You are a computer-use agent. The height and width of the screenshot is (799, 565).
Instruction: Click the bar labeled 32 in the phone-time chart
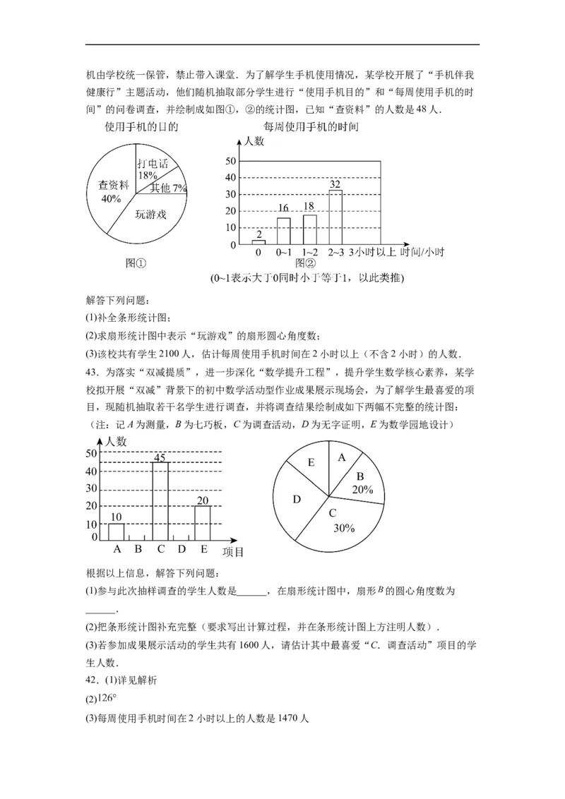[335, 217]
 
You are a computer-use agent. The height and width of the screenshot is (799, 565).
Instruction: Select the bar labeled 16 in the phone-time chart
[283, 231]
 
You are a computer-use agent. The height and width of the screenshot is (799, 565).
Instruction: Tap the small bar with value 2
[258, 242]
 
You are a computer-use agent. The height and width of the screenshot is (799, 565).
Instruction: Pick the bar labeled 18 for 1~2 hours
[309, 229]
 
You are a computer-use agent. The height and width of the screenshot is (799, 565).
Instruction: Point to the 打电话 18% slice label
[153, 169]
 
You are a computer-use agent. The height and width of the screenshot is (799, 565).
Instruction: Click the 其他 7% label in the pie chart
[168, 188]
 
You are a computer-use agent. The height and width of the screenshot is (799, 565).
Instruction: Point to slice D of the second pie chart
[297, 499]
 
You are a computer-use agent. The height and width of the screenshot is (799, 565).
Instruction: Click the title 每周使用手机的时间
[311, 127]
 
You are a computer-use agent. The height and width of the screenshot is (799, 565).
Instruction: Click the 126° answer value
[105, 699]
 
